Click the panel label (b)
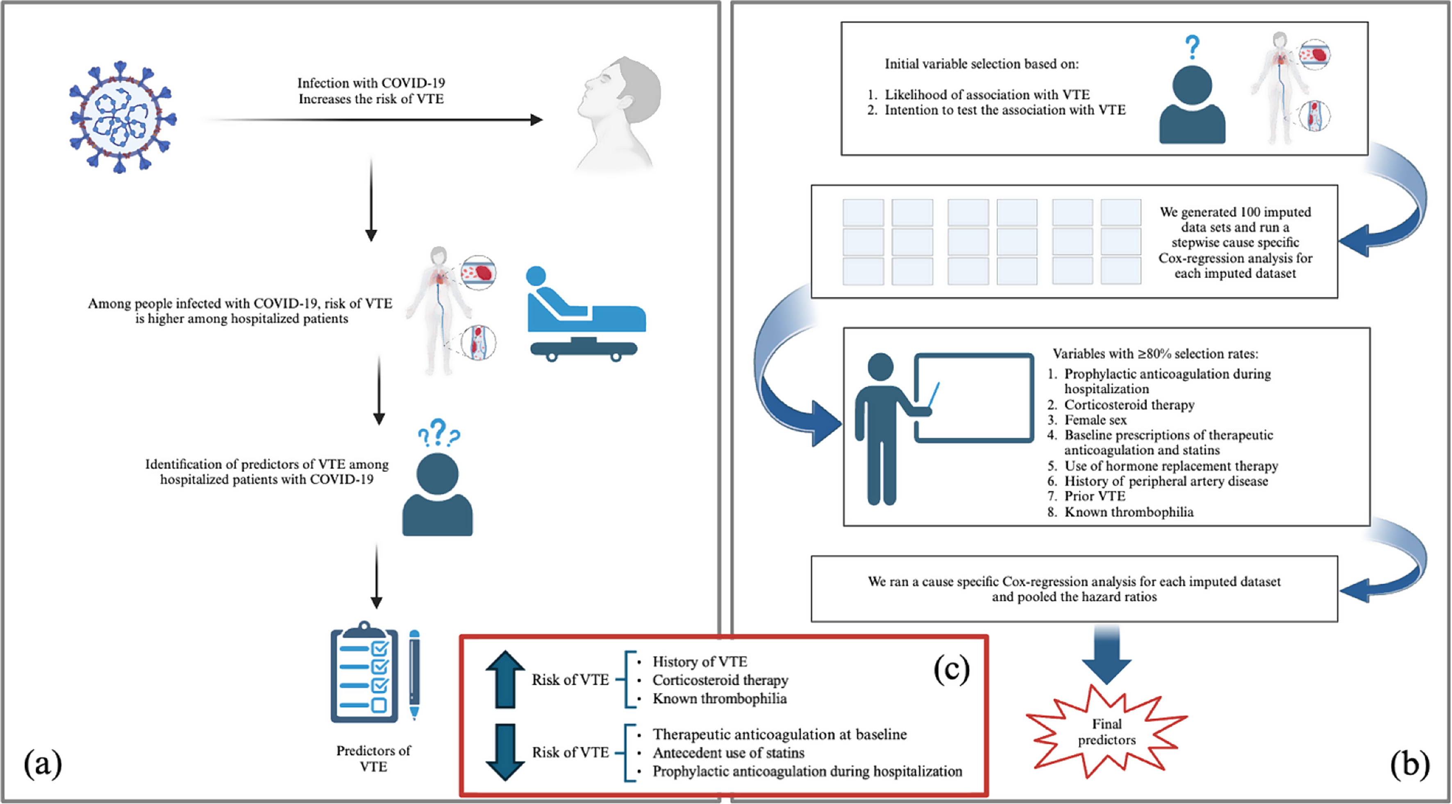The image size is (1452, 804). click(1409, 764)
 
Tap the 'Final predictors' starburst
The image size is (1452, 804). click(1107, 732)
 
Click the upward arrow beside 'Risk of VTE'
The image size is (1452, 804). click(505, 679)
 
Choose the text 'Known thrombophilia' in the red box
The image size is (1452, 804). click(719, 699)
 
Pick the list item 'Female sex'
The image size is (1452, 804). click(1095, 420)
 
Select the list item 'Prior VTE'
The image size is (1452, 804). click(1094, 496)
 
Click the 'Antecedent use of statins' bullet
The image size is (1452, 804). click(728, 753)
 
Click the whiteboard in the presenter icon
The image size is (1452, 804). click(974, 397)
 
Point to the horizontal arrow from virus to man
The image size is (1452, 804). click(372, 120)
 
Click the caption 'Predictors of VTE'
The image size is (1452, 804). click(373, 758)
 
